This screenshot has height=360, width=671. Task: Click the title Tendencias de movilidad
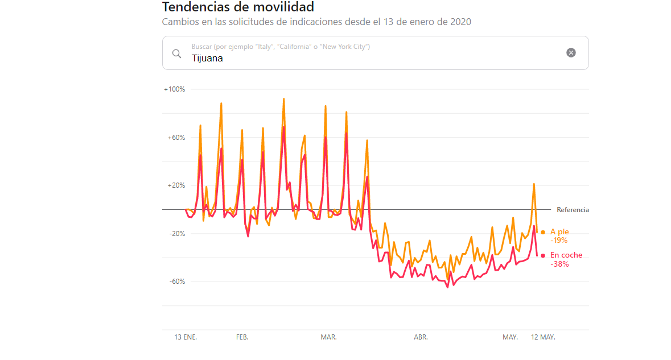(238, 7)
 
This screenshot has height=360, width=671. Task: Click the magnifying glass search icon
(177, 53)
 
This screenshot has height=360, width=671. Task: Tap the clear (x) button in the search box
(571, 53)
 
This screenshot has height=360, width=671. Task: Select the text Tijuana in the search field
(207, 58)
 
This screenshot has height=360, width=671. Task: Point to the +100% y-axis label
(174, 89)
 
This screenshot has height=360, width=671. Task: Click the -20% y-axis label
(175, 234)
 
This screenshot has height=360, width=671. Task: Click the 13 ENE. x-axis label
(186, 337)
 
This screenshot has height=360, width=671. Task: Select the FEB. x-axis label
(242, 337)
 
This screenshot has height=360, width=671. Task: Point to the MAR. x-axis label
(328, 337)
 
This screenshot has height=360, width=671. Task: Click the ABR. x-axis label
(421, 337)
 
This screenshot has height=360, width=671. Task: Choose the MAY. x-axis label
(510, 337)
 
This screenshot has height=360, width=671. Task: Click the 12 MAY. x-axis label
(543, 337)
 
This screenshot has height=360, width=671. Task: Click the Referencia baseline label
(573, 210)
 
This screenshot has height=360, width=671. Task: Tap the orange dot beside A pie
(543, 232)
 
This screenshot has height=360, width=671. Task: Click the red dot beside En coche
(543, 255)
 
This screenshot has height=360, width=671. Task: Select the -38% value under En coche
(559, 264)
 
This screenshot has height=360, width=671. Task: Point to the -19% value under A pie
(559, 241)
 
